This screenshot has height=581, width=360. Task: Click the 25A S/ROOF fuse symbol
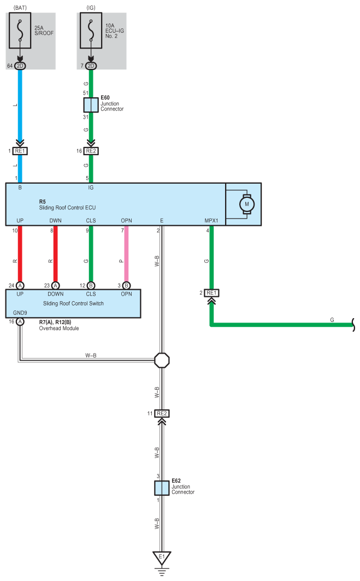(x=20, y=31)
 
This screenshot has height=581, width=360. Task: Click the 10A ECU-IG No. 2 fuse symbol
(x=91, y=31)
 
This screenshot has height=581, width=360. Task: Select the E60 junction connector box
(x=91, y=105)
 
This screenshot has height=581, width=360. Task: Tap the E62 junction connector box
(x=162, y=488)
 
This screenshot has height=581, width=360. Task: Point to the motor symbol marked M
(x=247, y=204)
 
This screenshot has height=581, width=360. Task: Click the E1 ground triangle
(x=162, y=558)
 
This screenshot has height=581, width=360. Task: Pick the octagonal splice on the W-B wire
(x=162, y=360)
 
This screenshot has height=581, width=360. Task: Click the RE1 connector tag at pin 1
(x=20, y=151)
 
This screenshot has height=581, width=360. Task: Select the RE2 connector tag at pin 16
(x=91, y=151)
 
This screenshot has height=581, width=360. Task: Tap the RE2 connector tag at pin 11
(x=162, y=414)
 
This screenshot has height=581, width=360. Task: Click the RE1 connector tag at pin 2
(x=211, y=293)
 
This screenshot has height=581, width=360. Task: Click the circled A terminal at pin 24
(x=20, y=286)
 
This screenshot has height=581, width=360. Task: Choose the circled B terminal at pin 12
(x=91, y=286)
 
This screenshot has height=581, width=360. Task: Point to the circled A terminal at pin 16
(x=20, y=321)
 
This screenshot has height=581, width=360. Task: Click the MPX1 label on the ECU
(x=211, y=220)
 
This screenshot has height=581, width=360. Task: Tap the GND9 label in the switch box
(x=20, y=313)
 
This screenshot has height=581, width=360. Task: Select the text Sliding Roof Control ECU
(x=67, y=208)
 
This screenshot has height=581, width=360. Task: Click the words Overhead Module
(x=59, y=328)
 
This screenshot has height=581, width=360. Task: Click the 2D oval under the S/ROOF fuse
(x=20, y=66)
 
